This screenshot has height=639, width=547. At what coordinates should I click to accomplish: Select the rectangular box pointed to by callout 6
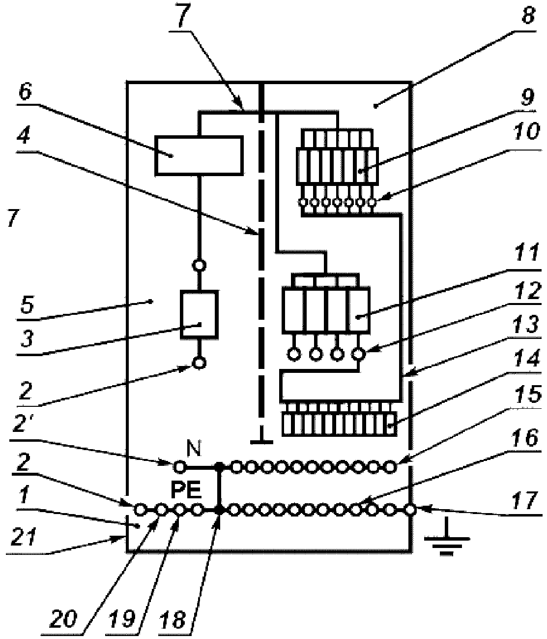point(199,155)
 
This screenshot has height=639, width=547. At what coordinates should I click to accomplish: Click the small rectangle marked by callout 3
point(199,314)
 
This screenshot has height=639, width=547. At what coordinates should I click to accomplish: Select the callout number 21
point(24,537)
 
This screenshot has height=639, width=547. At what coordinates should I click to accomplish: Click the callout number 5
point(27,304)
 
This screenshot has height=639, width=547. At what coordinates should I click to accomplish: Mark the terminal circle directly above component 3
point(199,265)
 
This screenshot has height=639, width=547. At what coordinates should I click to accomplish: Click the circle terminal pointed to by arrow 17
point(410,511)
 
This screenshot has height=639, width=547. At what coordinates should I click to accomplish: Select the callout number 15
point(527,395)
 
